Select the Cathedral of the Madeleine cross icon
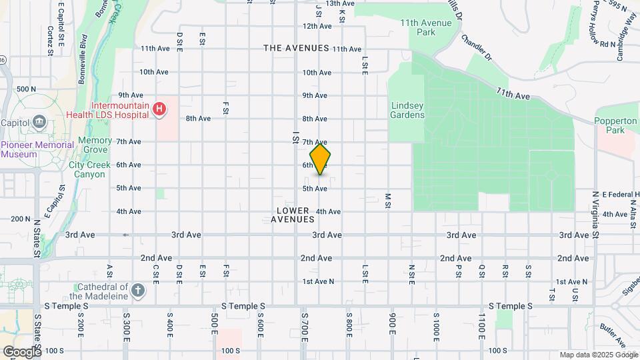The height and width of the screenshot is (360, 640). click(137, 291)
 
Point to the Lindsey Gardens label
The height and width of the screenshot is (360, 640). click(407, 110)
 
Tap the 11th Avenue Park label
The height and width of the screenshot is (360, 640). click(426, 27)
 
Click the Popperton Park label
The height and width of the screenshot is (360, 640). click(617, 125)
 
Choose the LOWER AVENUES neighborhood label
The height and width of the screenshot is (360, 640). click(293, 215)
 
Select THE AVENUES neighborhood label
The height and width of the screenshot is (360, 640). click(296, 48)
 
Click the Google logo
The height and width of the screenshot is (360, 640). click(21, 351)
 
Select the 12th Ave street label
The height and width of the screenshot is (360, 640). click(317, 27)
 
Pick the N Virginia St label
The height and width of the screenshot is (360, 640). click(595, 215)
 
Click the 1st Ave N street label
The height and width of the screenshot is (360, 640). click(318, 281)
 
